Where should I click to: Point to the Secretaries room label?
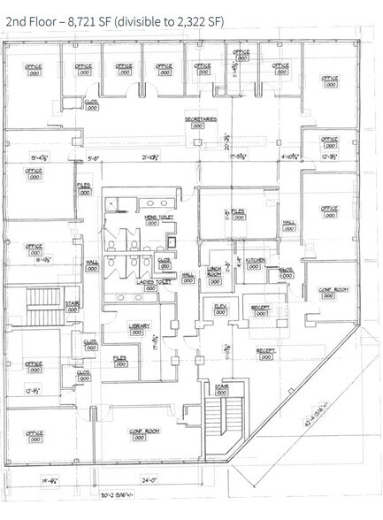point(202,119)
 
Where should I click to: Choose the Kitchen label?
point(256,261)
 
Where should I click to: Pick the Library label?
point(137,326)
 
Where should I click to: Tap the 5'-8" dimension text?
point(96,157)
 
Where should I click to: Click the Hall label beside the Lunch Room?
point(188,275)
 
